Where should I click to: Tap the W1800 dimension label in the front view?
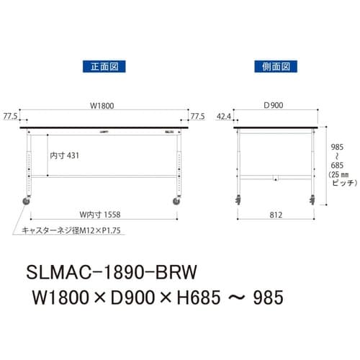click(x=102, y=105)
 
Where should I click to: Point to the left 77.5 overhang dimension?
click(x=10, y=115)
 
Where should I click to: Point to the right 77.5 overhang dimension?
click(x=198, y=115)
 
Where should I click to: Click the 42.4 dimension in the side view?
click(x=223, y=115)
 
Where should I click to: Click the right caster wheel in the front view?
click(x=176, y=202)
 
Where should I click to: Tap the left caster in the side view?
click(x=237, y=198)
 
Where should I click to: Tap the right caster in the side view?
click(x=314, y=198)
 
